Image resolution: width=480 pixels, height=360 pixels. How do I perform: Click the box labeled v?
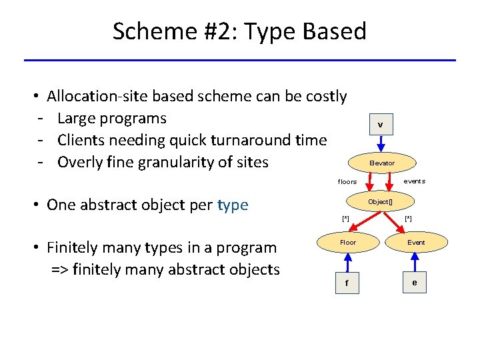coord(380,125)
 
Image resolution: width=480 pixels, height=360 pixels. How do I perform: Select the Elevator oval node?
coord(382,163)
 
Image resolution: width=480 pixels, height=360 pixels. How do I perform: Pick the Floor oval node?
coord(348,243)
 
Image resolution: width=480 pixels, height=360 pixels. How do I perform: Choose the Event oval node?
coord(416,243)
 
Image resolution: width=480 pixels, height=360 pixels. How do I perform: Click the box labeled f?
coord(347,283)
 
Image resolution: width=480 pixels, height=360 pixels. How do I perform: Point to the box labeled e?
coord(415,283)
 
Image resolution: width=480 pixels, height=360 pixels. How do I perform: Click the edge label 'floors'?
coord(347,182)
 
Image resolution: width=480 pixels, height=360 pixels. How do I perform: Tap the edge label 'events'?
coord(414,181)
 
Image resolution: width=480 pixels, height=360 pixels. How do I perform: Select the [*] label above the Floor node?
coord(345,219)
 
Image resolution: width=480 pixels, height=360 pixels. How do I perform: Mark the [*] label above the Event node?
coord(408,219)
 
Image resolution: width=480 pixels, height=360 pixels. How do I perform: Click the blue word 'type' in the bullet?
coord(233,205)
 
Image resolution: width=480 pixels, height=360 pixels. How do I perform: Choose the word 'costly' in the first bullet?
coord(326,97)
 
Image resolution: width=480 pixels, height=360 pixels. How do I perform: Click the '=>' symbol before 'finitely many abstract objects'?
coord(61,270)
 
